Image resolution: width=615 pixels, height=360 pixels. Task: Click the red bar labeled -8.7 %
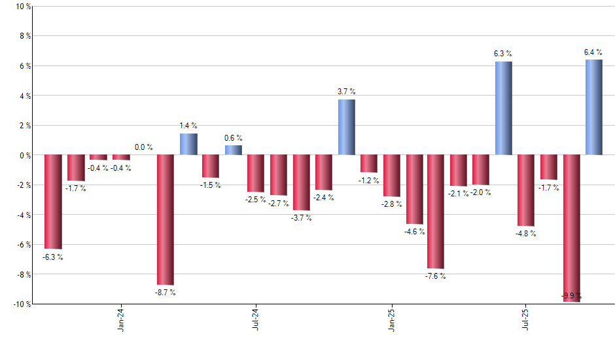coord(166,219)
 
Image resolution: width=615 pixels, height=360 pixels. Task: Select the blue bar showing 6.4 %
coord(593,107)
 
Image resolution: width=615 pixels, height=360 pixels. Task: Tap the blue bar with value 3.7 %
coord(346,127)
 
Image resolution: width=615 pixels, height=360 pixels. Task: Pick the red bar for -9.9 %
coord(571,228)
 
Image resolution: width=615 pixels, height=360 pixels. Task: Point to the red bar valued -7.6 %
coord(436,211)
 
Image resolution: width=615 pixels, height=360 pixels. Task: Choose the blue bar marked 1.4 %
coord(188,144)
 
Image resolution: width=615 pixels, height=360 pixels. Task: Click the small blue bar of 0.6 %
coord(234,150)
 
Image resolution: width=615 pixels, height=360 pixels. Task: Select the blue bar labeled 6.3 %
coord(503,108)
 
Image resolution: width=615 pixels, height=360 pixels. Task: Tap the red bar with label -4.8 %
coord(526,190)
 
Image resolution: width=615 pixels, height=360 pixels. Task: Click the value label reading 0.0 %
coord(143,147)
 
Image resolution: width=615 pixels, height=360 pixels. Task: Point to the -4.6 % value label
coord(413,231)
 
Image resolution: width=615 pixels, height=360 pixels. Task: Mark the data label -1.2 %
coord(369,180)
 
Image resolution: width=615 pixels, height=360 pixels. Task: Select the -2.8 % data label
coord(391,204)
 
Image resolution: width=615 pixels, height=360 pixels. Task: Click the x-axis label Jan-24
coord(121,320)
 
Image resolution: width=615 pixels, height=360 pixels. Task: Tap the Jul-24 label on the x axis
coord(256,320)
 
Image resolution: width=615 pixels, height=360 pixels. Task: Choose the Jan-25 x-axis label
coord(391,320)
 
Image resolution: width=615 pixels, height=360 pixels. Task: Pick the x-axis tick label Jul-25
coord(526,320)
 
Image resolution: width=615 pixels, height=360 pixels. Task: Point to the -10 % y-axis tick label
coord(20,304)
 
